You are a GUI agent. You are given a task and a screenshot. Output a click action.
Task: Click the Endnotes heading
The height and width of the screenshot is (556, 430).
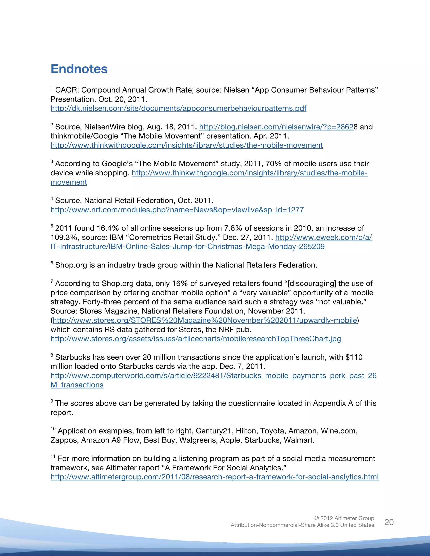click(79, 69)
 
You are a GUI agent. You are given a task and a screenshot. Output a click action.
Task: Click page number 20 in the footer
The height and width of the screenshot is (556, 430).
click(389, 522)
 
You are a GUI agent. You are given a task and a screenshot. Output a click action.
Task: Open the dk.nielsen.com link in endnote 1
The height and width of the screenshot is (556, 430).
click(178, 108)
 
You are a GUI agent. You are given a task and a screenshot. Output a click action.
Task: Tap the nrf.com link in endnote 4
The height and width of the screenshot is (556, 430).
click(177, 210)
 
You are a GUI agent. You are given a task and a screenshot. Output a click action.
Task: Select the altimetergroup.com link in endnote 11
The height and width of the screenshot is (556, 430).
click(215, 477)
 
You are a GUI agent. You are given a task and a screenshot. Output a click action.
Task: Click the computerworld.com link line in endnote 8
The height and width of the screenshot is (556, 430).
click(214, 376)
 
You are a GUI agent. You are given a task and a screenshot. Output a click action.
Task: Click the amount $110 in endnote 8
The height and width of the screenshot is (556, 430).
click(354, 357)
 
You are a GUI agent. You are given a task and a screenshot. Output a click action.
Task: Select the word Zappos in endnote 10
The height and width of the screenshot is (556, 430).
click(63, 440)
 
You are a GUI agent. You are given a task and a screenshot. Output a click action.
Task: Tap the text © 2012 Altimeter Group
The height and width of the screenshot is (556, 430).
click(344, 518)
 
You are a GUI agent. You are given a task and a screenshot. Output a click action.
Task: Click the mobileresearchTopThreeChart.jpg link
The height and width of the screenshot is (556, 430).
click(196, 339)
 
